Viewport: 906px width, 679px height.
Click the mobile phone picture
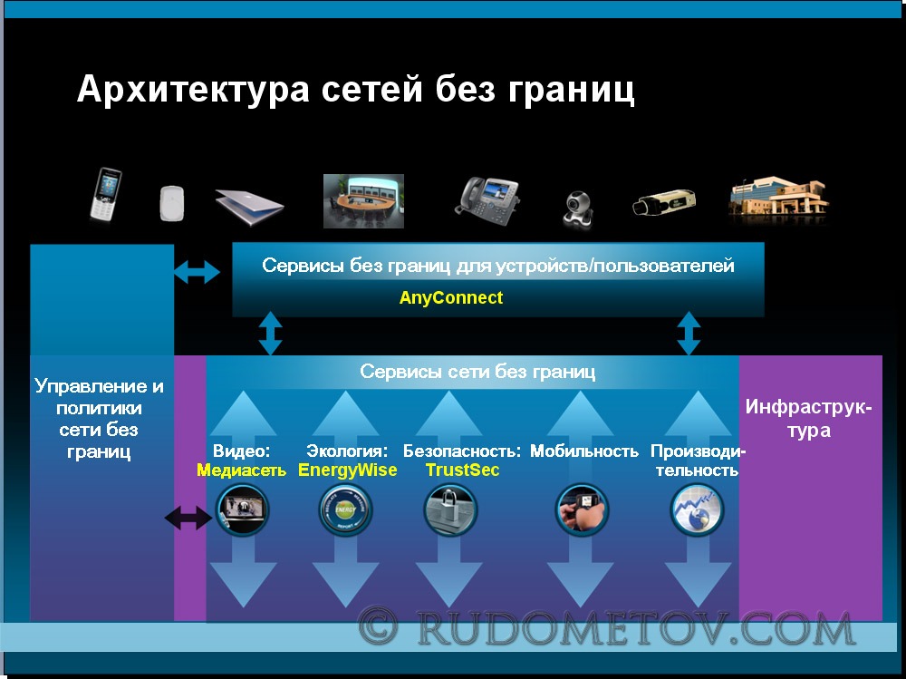(x=105, y=194)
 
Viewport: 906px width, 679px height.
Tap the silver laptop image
(x=249, y=207)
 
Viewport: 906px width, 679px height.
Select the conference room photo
(x=363, y=200)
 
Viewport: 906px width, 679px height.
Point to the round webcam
(x=577, y=209)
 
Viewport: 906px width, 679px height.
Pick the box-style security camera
(x=664, y=202)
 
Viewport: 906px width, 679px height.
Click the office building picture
(x=779, y=199)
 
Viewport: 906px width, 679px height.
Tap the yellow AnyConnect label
(x=450, y=298)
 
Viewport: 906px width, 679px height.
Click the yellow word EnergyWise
(x=347, y=470)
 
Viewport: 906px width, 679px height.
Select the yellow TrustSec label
(x=462, y=470)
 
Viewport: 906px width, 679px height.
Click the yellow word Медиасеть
(x=242, y=470)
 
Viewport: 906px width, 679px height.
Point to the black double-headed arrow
(x=188, y=518)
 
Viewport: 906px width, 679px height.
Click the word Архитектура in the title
(x=193, y=90)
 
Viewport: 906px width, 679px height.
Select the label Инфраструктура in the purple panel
(x=808, y=418)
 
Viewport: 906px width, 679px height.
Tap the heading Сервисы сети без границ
(x=477, y=372)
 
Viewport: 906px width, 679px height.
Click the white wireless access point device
(x=171, y=203)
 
